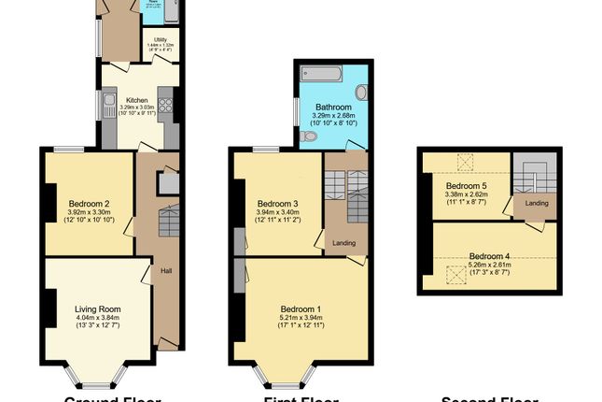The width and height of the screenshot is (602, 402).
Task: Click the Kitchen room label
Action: click(138, 100)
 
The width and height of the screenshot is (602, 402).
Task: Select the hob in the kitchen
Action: click(167, 104)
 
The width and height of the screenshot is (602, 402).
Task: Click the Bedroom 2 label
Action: click(90, 203)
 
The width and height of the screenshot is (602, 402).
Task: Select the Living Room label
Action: click(98, 309)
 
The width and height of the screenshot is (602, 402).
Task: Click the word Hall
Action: click(166, 271)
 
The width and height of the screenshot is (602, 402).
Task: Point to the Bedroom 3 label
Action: click(277, 204)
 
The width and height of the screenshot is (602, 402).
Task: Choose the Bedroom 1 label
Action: click(301, 309)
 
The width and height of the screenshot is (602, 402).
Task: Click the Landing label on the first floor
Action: click(343, 244)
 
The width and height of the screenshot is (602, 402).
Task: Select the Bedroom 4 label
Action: click(489, 256)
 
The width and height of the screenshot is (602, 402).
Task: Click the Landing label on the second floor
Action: click(536, 204)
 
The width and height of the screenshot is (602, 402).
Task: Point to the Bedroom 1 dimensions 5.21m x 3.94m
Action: click(301, 318)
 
